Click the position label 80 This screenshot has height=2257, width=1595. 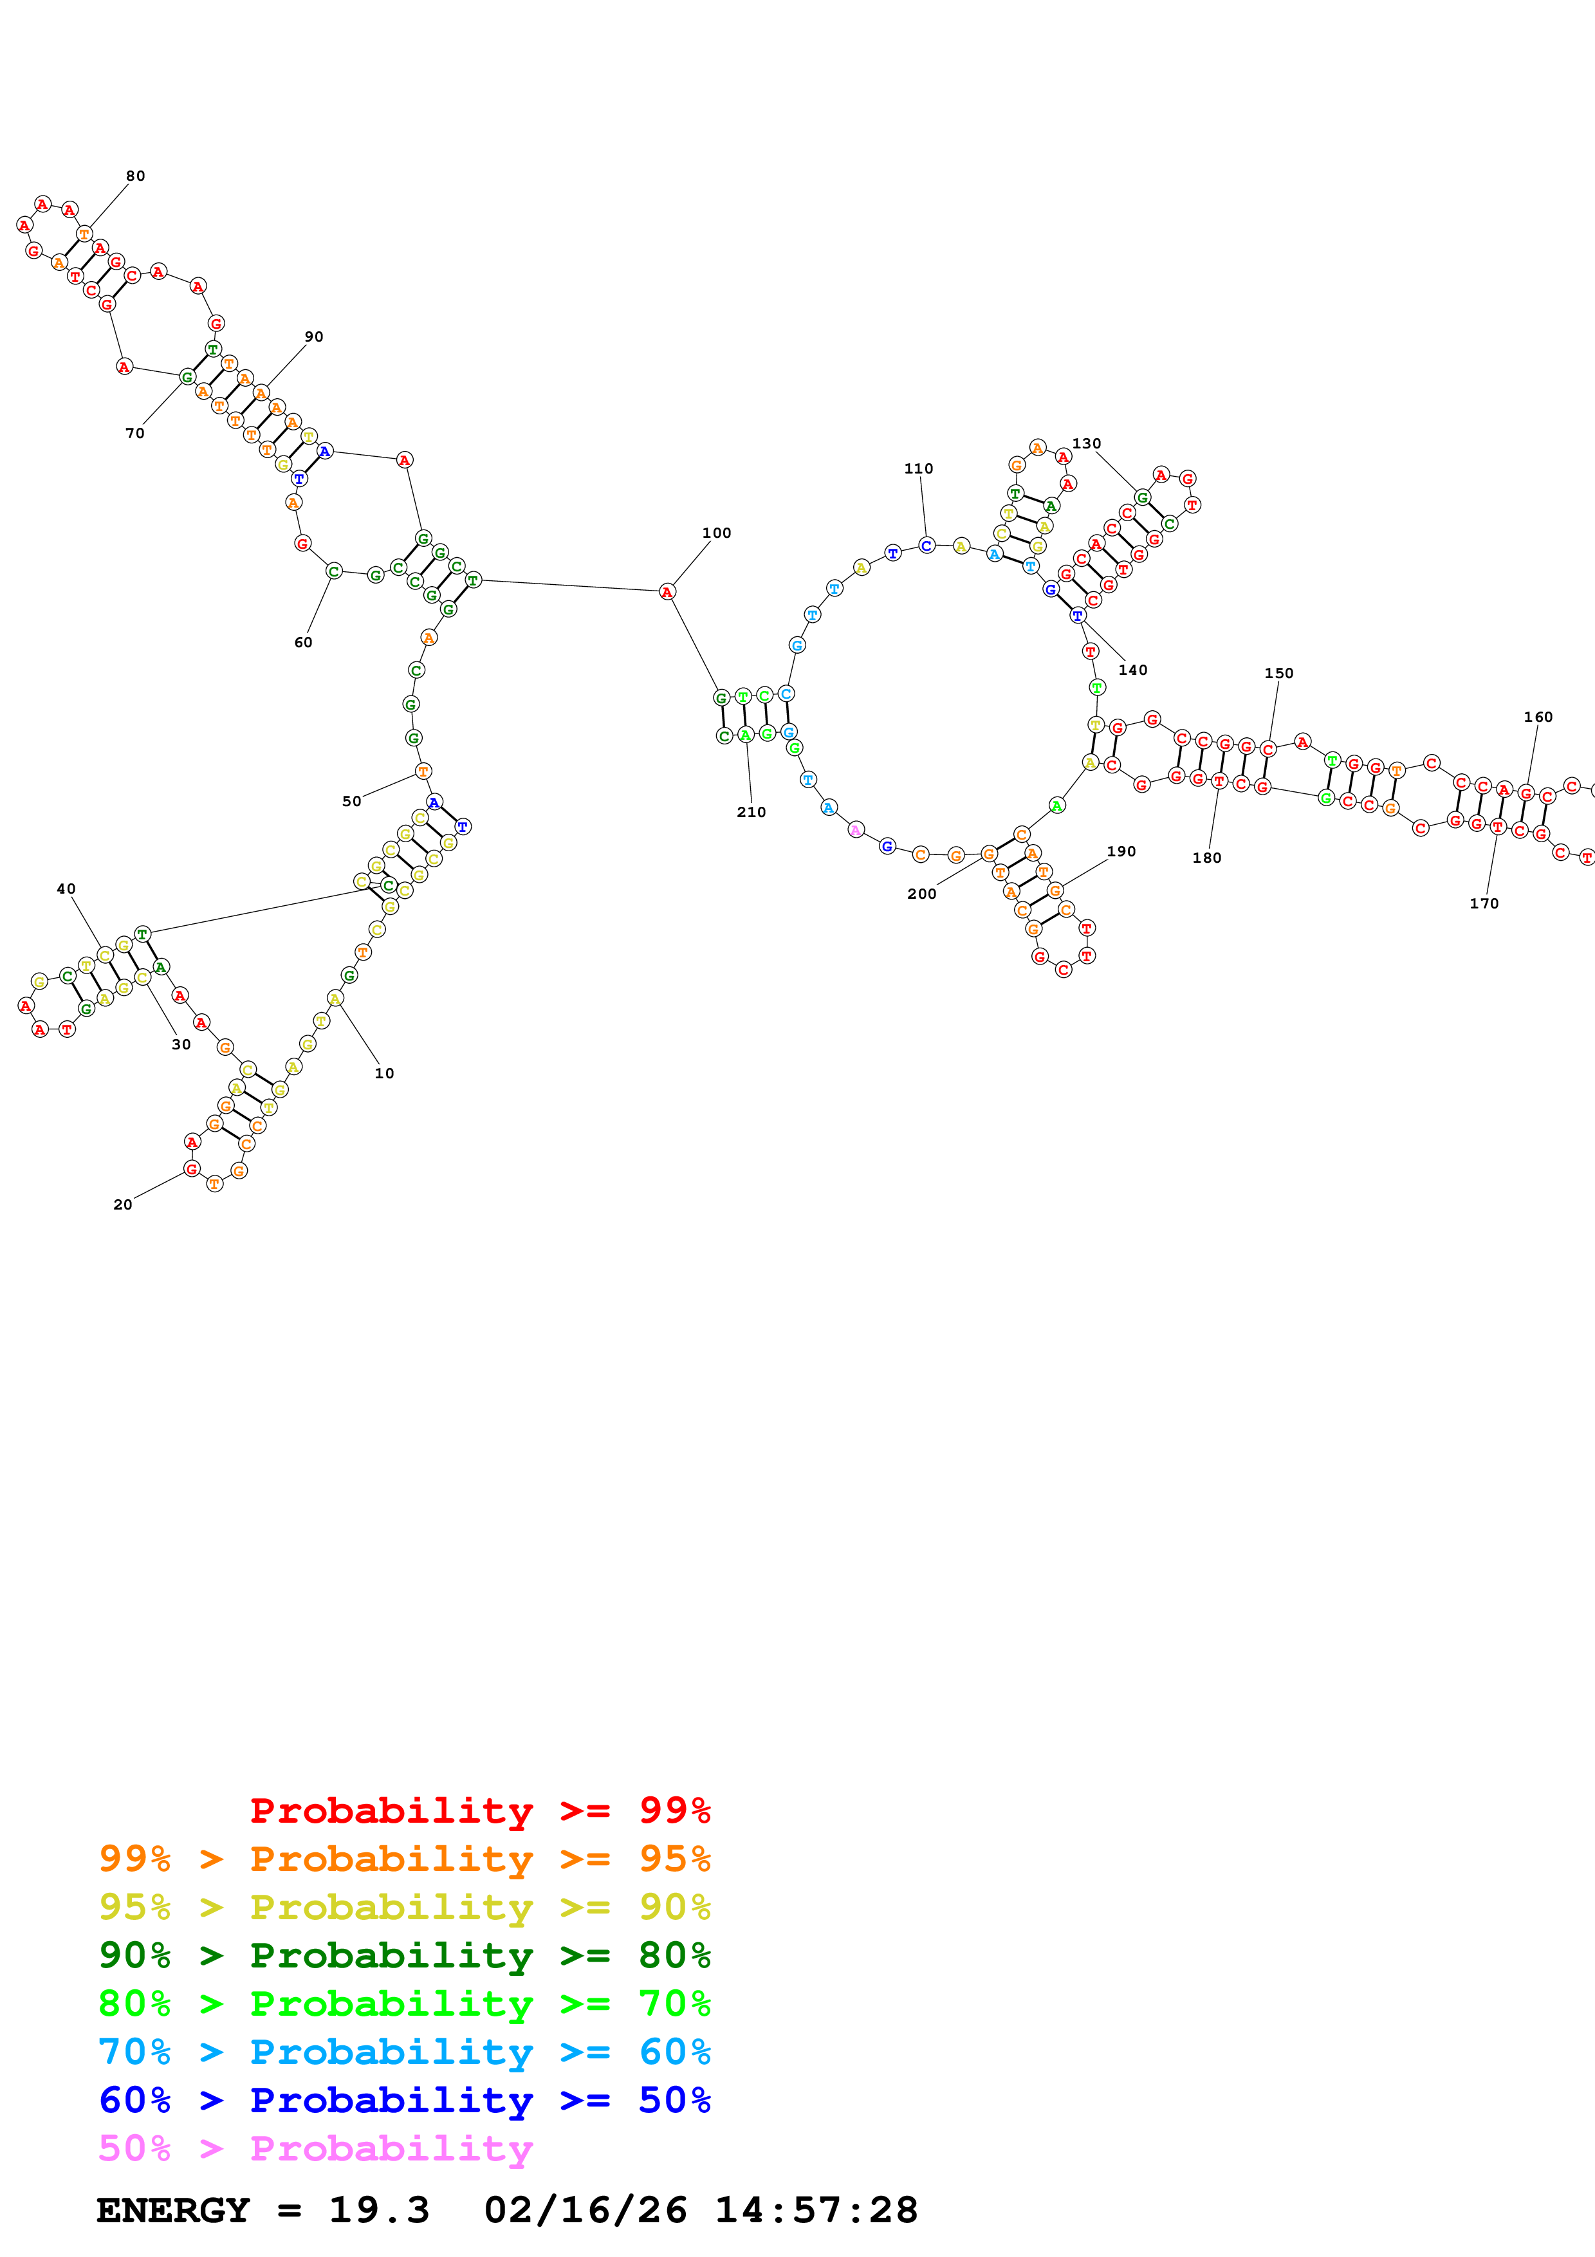click(x=136, y=176)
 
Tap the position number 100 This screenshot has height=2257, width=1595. click(x=716, y=533)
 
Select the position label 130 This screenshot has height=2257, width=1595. click(x=1086, y=443)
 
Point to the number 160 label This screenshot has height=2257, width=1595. click(x=1538, y=717)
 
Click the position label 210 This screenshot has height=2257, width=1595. click(x=751, y=812)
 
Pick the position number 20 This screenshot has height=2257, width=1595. click(x=123, y=1204)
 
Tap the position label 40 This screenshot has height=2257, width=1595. click(x=66, y=889)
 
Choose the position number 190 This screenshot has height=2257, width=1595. click(x=1121, y=851)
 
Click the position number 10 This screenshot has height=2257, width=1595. click(x=384, y=1073)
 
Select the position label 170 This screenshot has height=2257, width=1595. click(x=1484, y=903)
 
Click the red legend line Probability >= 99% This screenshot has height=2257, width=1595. click(x=479, y=1810)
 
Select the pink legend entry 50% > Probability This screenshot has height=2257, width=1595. click(x=315, y=2148)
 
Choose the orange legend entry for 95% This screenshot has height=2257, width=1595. click(x=404, y=1858)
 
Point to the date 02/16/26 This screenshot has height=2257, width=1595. click(x=585, y=2210)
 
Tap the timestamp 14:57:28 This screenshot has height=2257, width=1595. click(x=816, y=2210)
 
